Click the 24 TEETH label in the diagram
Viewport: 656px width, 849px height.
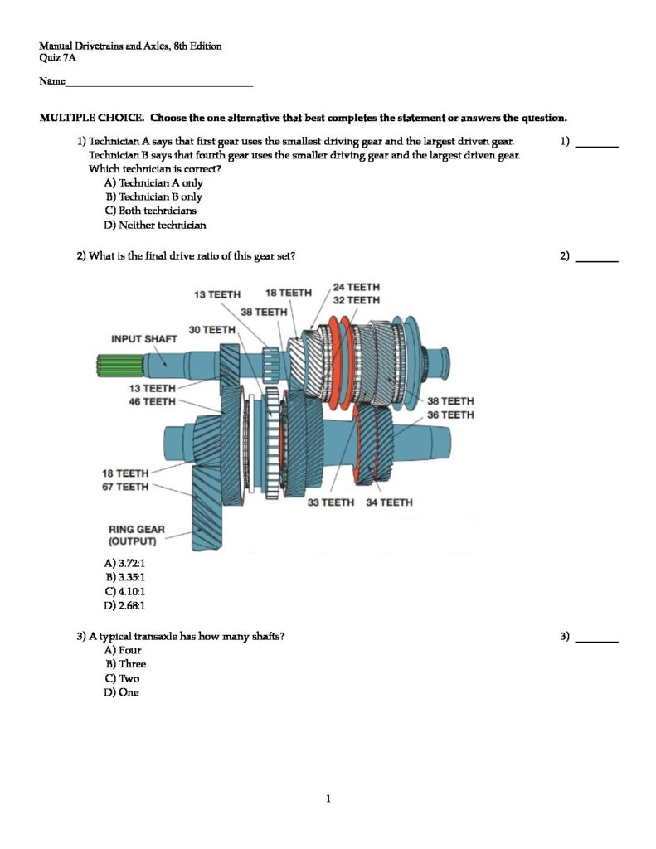[x=357, y=287]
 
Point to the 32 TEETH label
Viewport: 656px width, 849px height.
[x=357, y=300]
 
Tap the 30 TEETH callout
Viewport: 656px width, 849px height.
[x=212, y=330]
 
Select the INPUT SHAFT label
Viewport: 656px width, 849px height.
[x=143, y=338]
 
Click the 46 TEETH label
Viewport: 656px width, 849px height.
[x=153, y=402]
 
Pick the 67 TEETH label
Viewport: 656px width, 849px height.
[x=125, y=487]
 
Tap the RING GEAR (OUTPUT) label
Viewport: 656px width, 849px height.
[x=137, y=536]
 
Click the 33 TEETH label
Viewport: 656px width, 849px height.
[x=331, y=502]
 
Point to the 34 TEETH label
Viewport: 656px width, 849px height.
[x=389, y=502]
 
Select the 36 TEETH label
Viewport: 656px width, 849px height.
[x=450, y=415]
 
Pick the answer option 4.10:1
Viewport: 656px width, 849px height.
[x=124, y=592]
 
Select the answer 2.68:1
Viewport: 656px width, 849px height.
[x=124, y=606]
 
